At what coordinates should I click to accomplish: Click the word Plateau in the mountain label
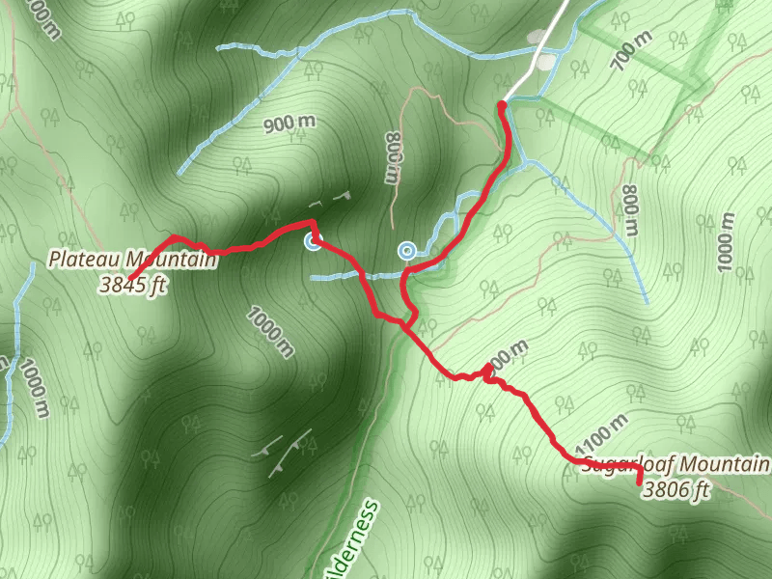[x=86, y=260]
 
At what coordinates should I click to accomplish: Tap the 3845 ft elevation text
[x=132, y=284]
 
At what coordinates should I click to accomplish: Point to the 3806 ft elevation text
[x=676, y=490]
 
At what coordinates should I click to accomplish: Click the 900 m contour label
[x=289, y=123]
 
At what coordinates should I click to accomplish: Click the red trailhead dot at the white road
[x=502, y=104]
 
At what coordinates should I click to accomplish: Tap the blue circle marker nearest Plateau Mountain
[x=313, y=241]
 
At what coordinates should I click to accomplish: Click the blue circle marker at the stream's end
[x=407, y=251]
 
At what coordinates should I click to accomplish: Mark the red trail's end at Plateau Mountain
[x=130, y=279]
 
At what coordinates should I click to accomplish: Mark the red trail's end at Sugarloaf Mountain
[x=640, y=481]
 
